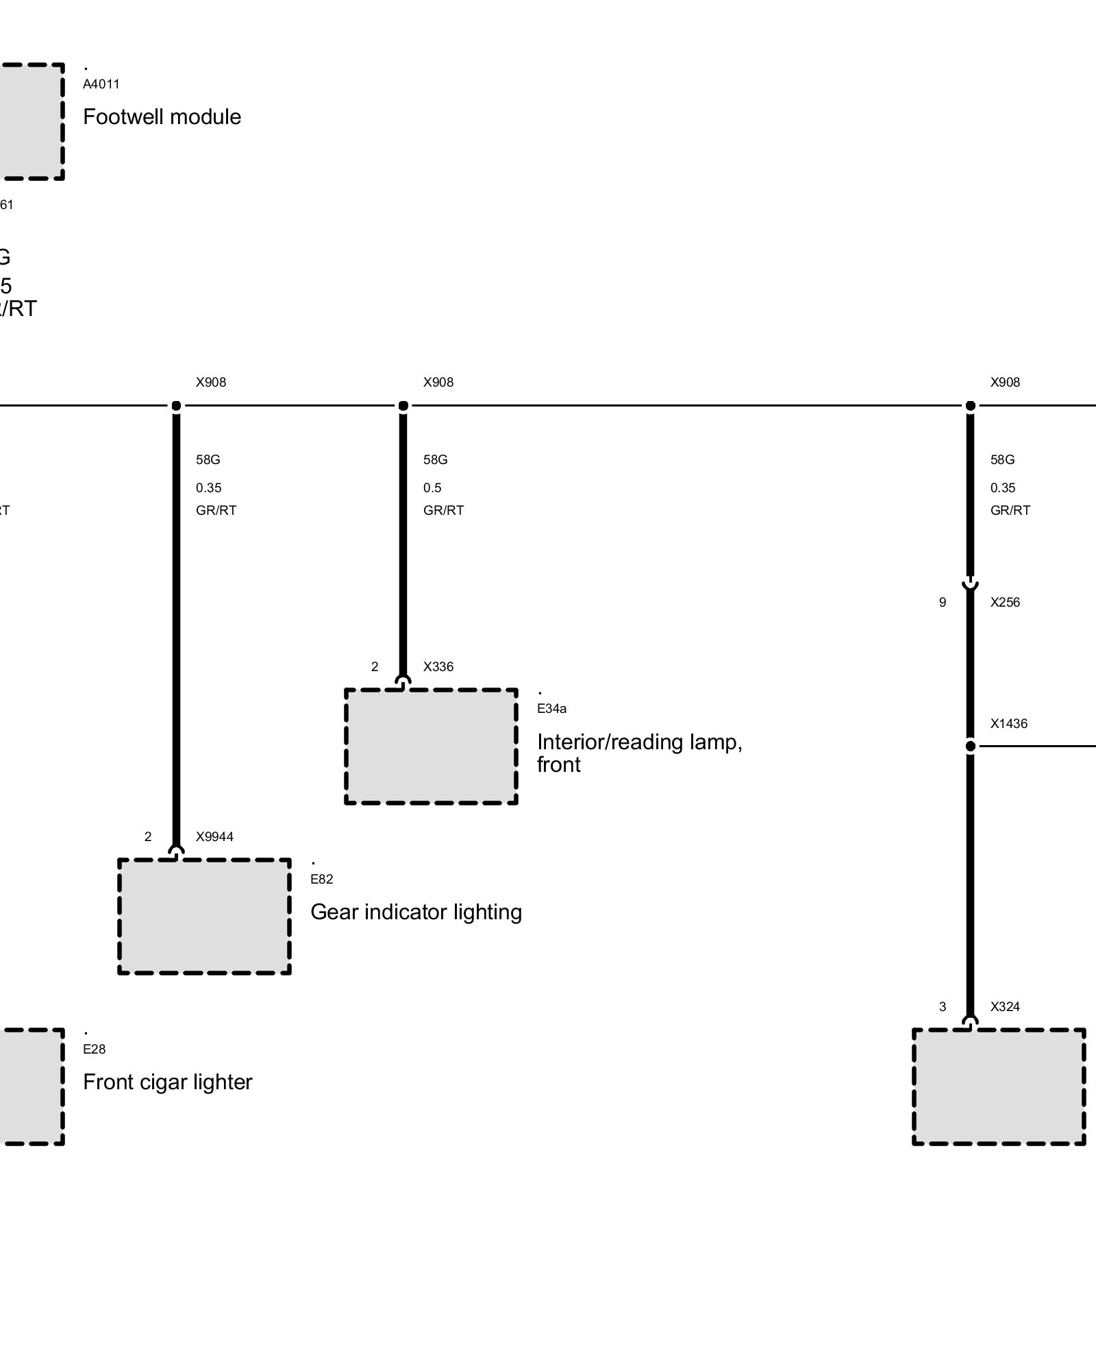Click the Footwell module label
[x=162, y=117]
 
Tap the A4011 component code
[x=101, y=84]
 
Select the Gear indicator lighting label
[x=416, y=912]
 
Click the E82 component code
[x=321, y=879]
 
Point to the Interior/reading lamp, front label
[x=639, y=753]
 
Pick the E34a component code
[x=551, y=709]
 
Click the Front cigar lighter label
[x=167, y=1082]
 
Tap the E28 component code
[x=95, y=1049]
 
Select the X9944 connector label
[x=214, y=836]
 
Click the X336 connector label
[x=438, y=666]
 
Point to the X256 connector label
[x=1005, y=603]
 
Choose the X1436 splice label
[x=1009, y=723]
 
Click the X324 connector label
[x=1005, y=1006]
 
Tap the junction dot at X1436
[x=970, y=746]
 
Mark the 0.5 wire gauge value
[x=432, y=488]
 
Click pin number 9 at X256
[x=943, y=603]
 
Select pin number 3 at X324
[x=943, y=1006]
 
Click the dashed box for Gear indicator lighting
[x=204, y=916]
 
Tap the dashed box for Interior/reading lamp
[x=431, y=746]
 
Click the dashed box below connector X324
[x=999, y=1087]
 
